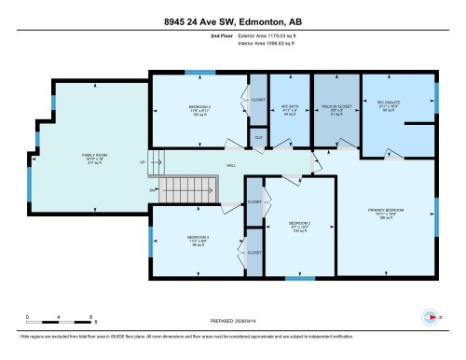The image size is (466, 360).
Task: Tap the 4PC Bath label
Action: (286, 106)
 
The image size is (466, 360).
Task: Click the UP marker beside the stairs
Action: (142, 161)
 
